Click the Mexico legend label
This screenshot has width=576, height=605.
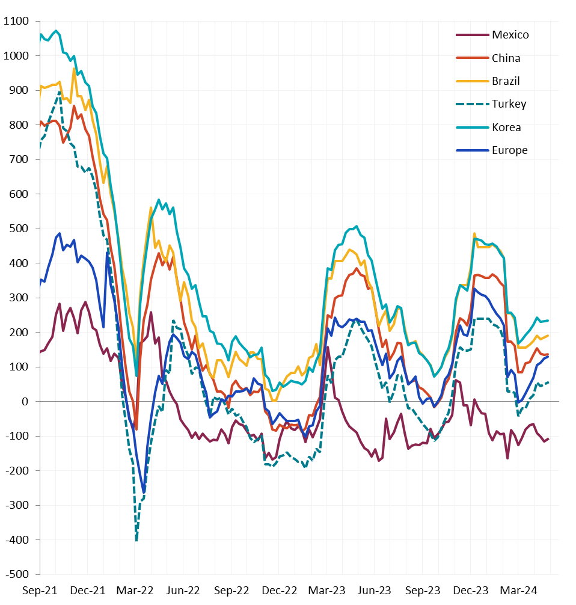pos(510,34)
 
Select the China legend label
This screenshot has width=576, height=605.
pos(506,58)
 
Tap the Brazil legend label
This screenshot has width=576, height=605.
pos(506,81)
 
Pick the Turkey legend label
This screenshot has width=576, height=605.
pos(509,104)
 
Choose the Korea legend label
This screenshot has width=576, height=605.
pos(506,127)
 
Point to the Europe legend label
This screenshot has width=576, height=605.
pos(509,150)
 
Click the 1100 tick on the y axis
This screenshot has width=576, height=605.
pos(16,22)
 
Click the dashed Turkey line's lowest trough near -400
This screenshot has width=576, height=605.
pos(136,540)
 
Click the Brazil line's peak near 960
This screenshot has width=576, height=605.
pos(74,69)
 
